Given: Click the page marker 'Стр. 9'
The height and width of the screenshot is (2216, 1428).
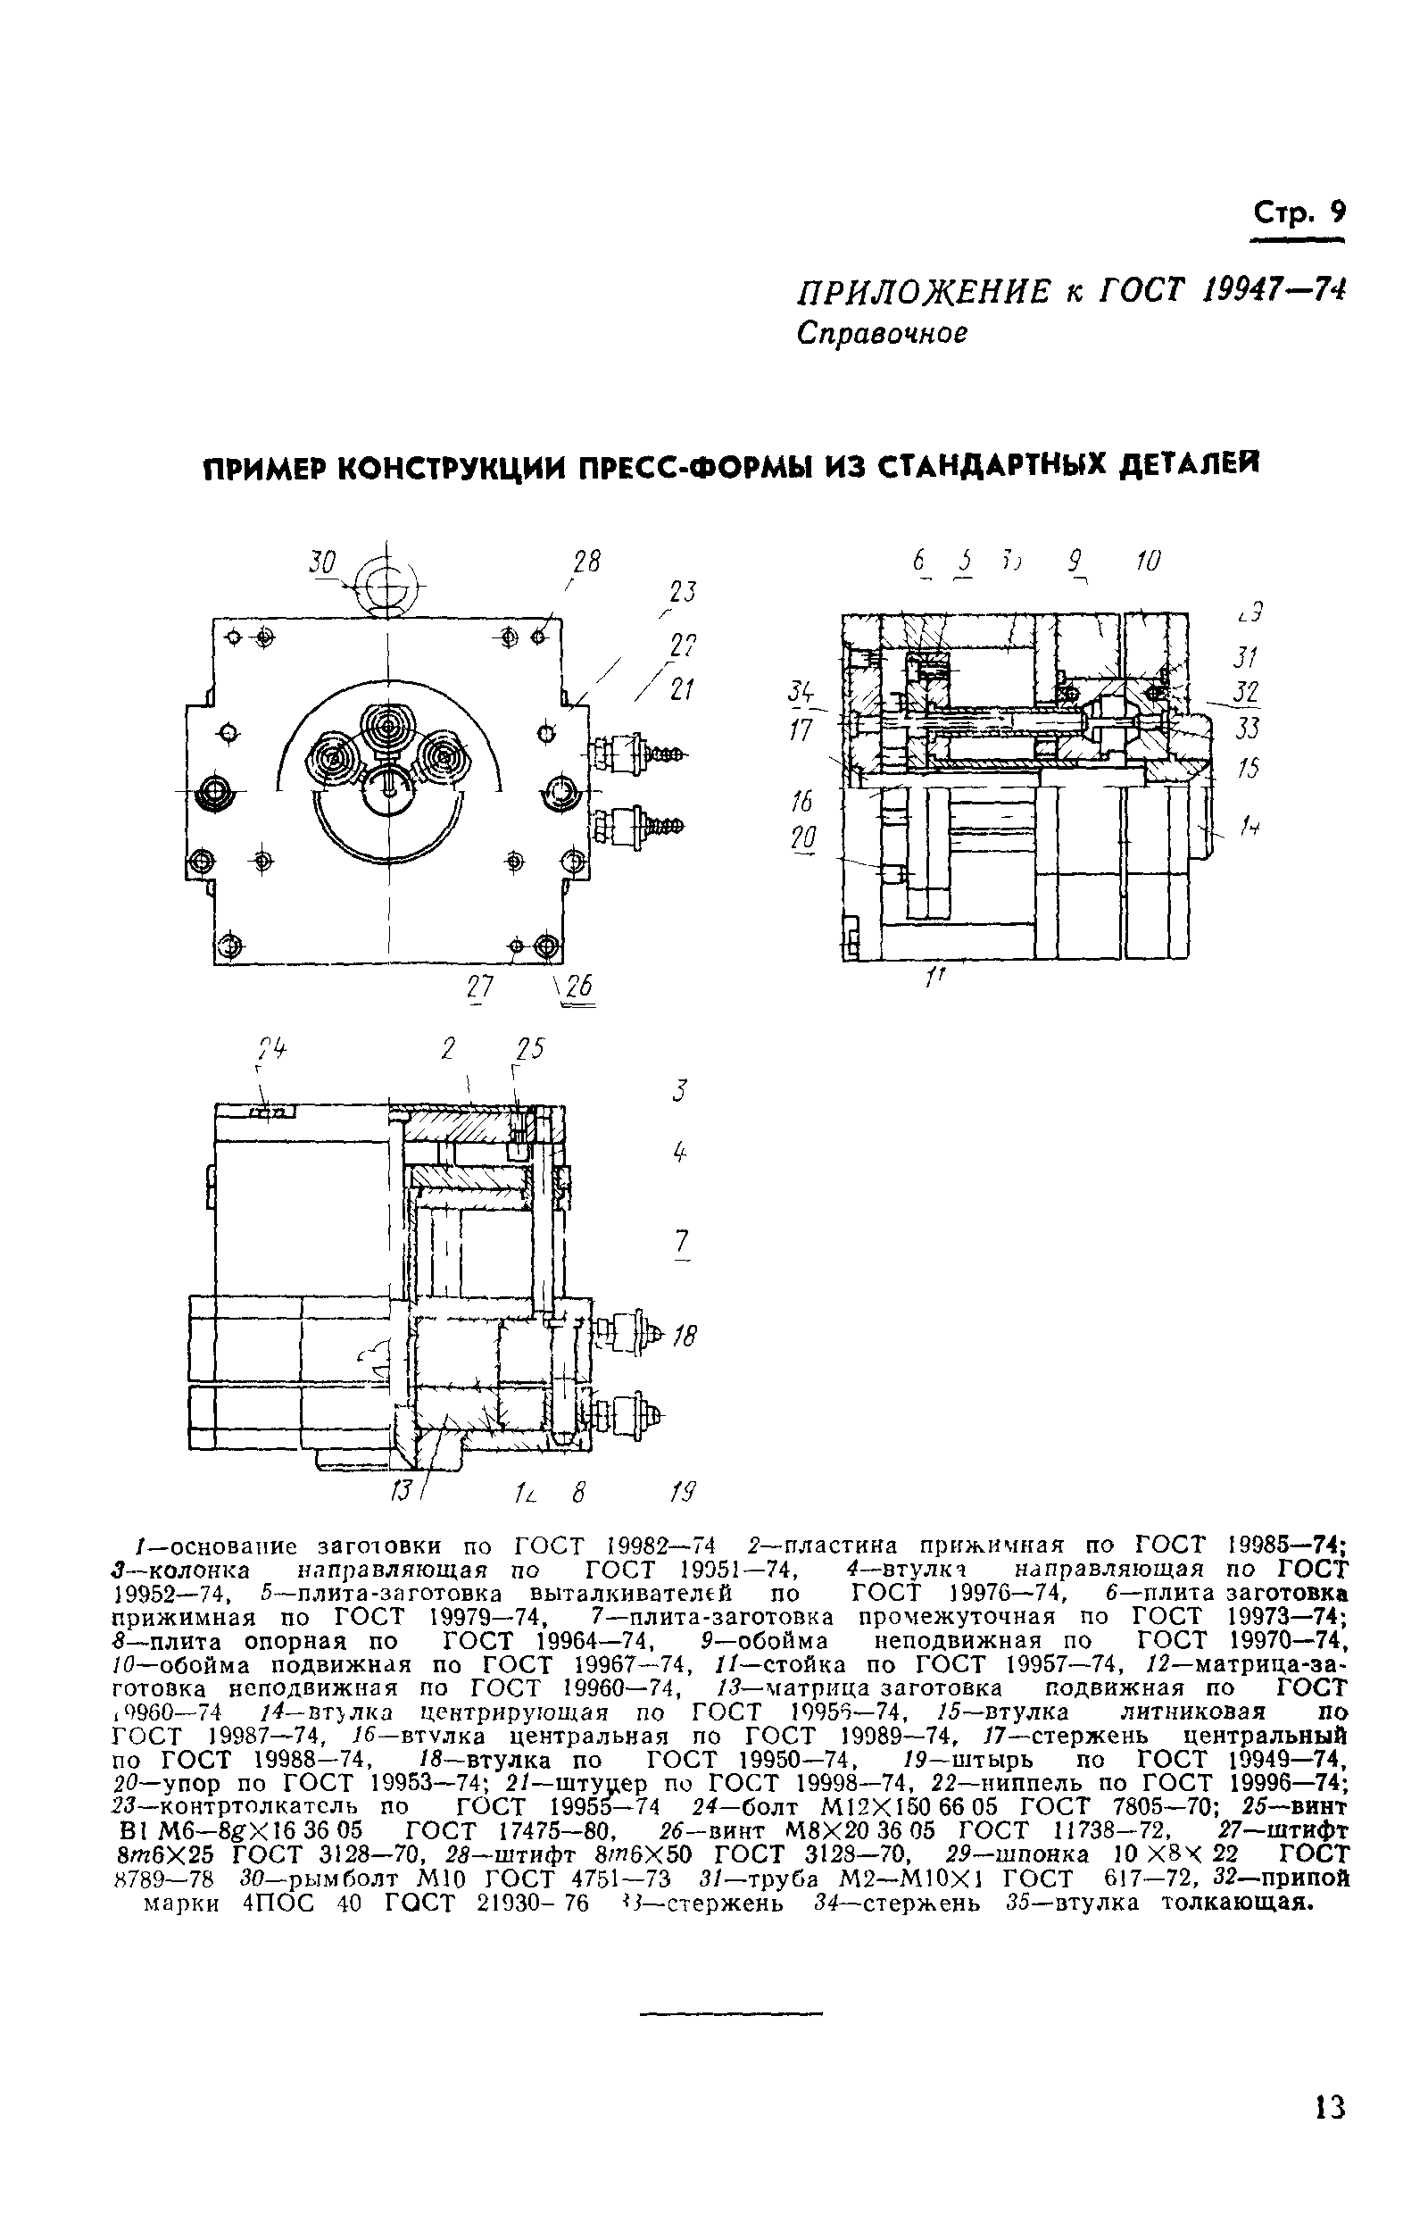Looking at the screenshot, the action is point(1298,214).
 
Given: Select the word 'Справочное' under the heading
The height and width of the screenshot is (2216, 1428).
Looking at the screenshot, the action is point(882,333).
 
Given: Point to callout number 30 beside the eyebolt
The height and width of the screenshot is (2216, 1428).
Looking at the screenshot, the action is point(323,562).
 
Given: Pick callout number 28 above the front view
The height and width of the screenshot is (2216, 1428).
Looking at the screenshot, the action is point(586,562).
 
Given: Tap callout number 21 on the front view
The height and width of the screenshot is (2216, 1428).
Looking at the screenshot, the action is point(683,689).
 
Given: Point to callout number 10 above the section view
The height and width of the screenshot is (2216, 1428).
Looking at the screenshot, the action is point(1147,561).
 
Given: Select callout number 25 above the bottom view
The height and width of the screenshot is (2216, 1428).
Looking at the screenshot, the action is point(529,1049).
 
